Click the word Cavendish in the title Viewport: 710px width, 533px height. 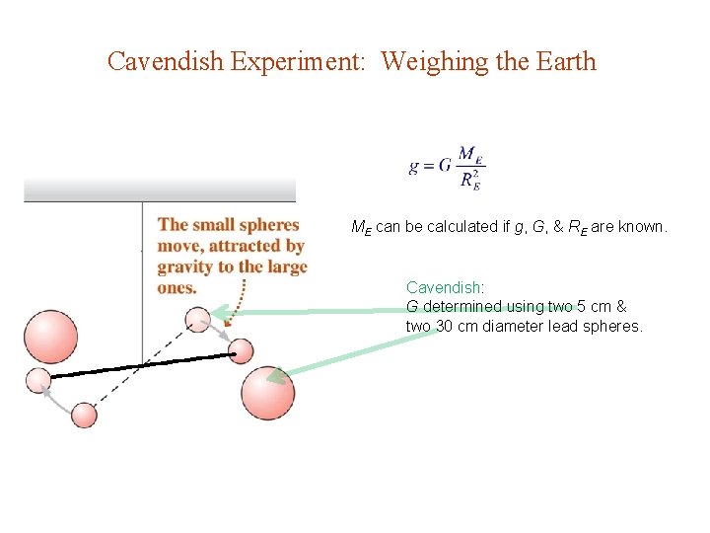[x=166, y=61]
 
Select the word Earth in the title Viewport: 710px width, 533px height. [x=564, y=61]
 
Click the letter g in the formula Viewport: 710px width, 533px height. [x=414, y=168]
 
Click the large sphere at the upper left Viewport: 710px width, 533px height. [x=49, y=337]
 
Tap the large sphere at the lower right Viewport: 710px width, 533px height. [x=267, y=393]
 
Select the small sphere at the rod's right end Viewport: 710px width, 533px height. [x=241, y=351]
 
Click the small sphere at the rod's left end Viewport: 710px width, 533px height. [x=38, y=379]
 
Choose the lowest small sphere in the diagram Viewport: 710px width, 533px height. [x=85, y=416]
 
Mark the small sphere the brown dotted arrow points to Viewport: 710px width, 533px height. [x=199, y=319]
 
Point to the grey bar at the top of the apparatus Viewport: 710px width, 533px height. [x=160, y=190]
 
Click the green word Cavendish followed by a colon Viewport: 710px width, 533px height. [x=444, y=287]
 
